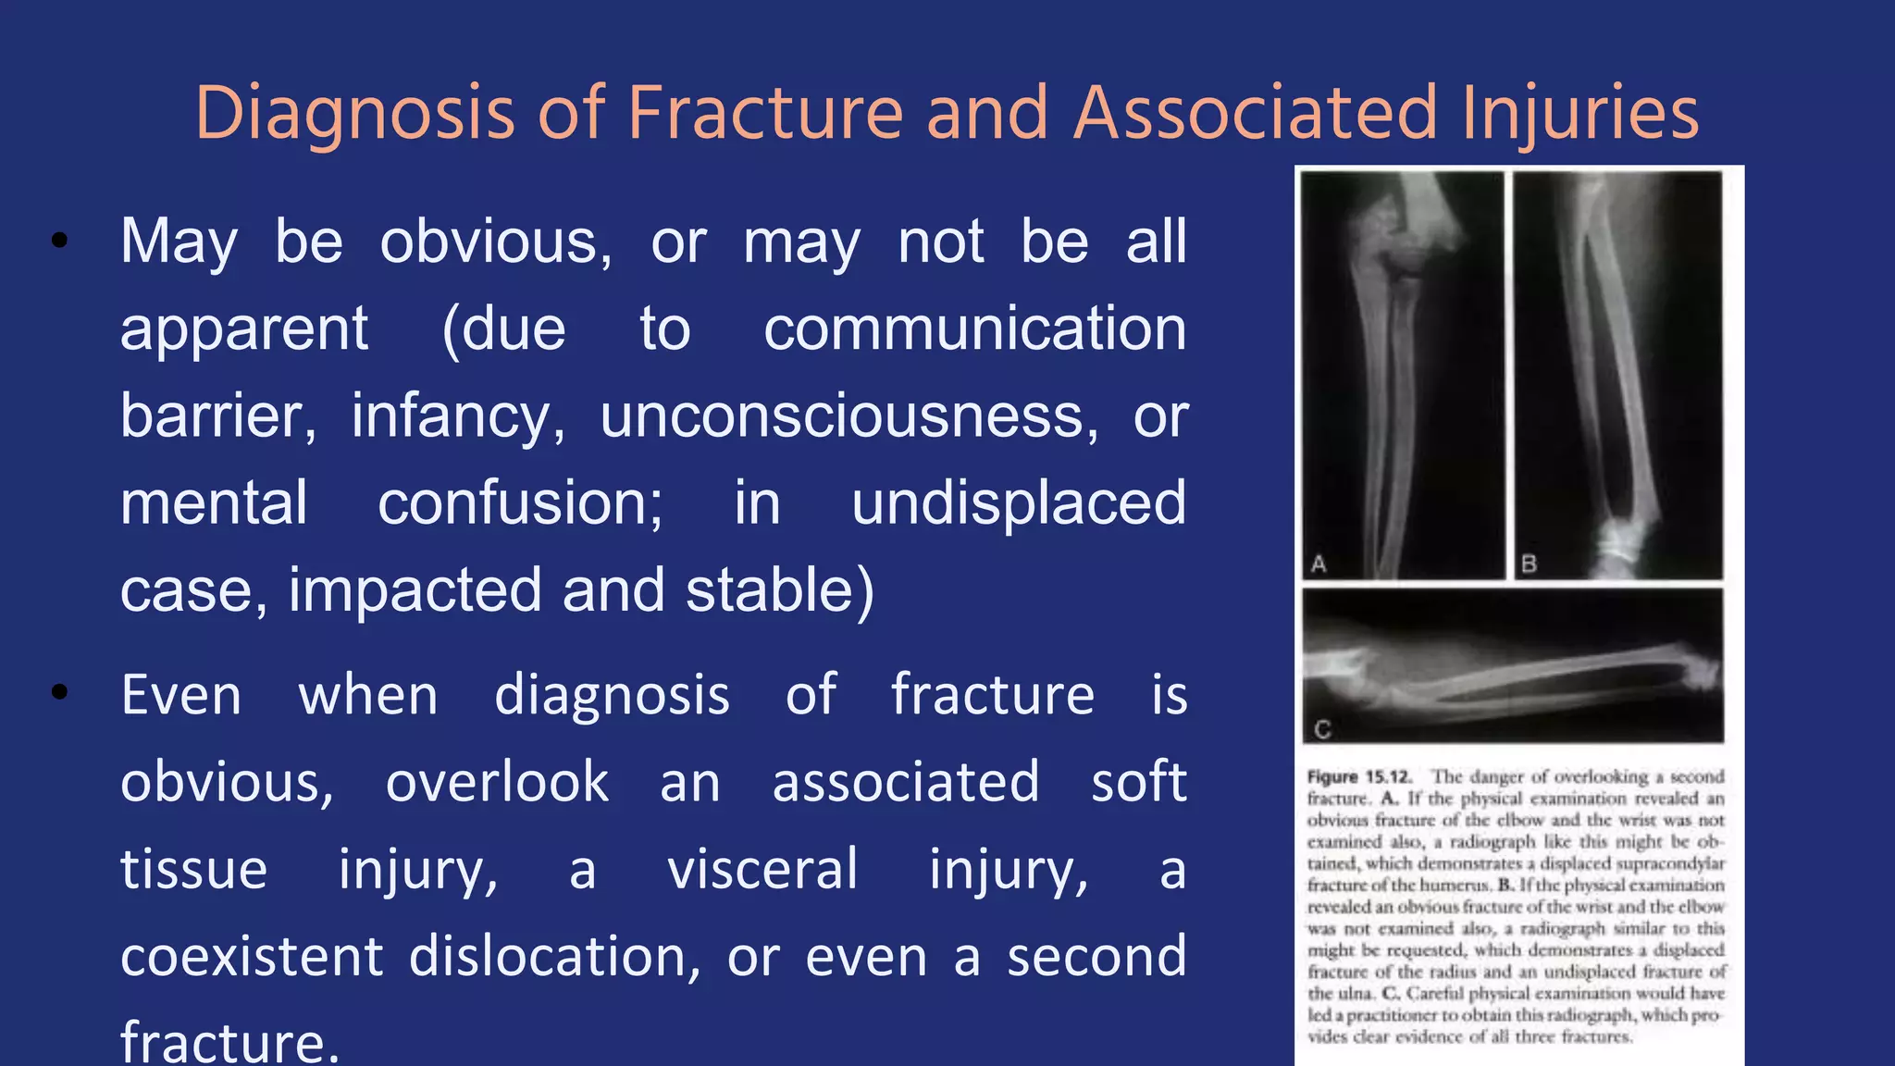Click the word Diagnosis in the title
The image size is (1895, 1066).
pyautogui.click(x=353, y=113)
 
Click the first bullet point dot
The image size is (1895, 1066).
pyautogui.click(x=60, y=242)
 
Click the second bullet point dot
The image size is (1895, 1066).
pyautogui.click(x=60, y=692)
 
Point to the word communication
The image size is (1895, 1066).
pyautogui.click(x=974, y=329)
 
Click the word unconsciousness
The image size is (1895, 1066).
pyautogui.click(x=848, y=416)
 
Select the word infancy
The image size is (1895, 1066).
pyautogui.click(x=457, y=416)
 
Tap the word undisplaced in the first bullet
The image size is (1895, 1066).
pyautogui.click(x=1018, y=503)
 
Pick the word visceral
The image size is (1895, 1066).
pyautogui.click(x=762, y=869)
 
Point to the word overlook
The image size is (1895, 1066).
pyautogui.click(x=497, y=782)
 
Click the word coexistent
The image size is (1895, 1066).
pyautogui.click(x=252, y=956)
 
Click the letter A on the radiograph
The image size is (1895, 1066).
pyautogui.click(x=1319, y=563)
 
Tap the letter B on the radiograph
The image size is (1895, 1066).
pyautogui.click(x=1530, y=563)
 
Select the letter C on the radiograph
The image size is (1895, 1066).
pyautogui.click(x=1322, y=729)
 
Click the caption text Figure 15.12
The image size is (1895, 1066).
pyautogui.click(x=1358, y=776)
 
